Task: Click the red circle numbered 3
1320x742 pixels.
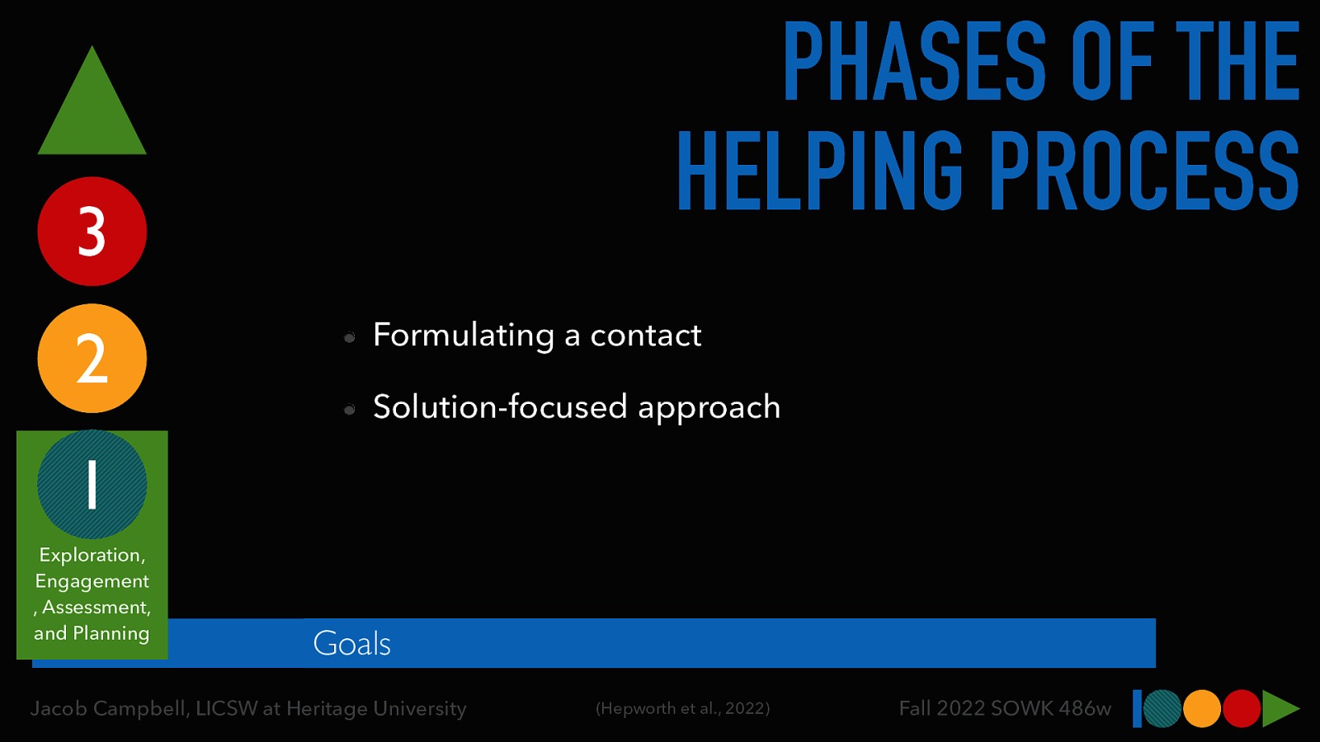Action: click(x=92, y=232)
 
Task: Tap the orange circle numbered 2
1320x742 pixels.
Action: click(x=92, y=359)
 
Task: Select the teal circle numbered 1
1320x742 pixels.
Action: click(x=92, y=485)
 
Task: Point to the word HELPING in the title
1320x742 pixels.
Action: click(x=819, y=171)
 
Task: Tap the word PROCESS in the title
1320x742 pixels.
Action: click(x=1144, y=171)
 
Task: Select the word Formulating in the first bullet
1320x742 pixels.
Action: click(x=464, y=336)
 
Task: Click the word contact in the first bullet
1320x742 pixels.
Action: click(x=645, y=336)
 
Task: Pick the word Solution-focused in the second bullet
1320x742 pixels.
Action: click(x=500, y=407)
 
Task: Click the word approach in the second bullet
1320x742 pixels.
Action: click(x=709, y=407)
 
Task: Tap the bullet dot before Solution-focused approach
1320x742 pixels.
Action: click(x=350, y=410)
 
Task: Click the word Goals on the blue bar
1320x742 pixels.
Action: click(x=351, y=644)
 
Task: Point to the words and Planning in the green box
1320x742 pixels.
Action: click(x=92, y=633)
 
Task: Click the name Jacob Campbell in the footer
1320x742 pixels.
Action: click(x=109, y=708)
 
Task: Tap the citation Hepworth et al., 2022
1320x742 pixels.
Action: click(x=682, y=708)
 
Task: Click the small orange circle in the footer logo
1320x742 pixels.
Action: click(x=1202, y=708)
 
